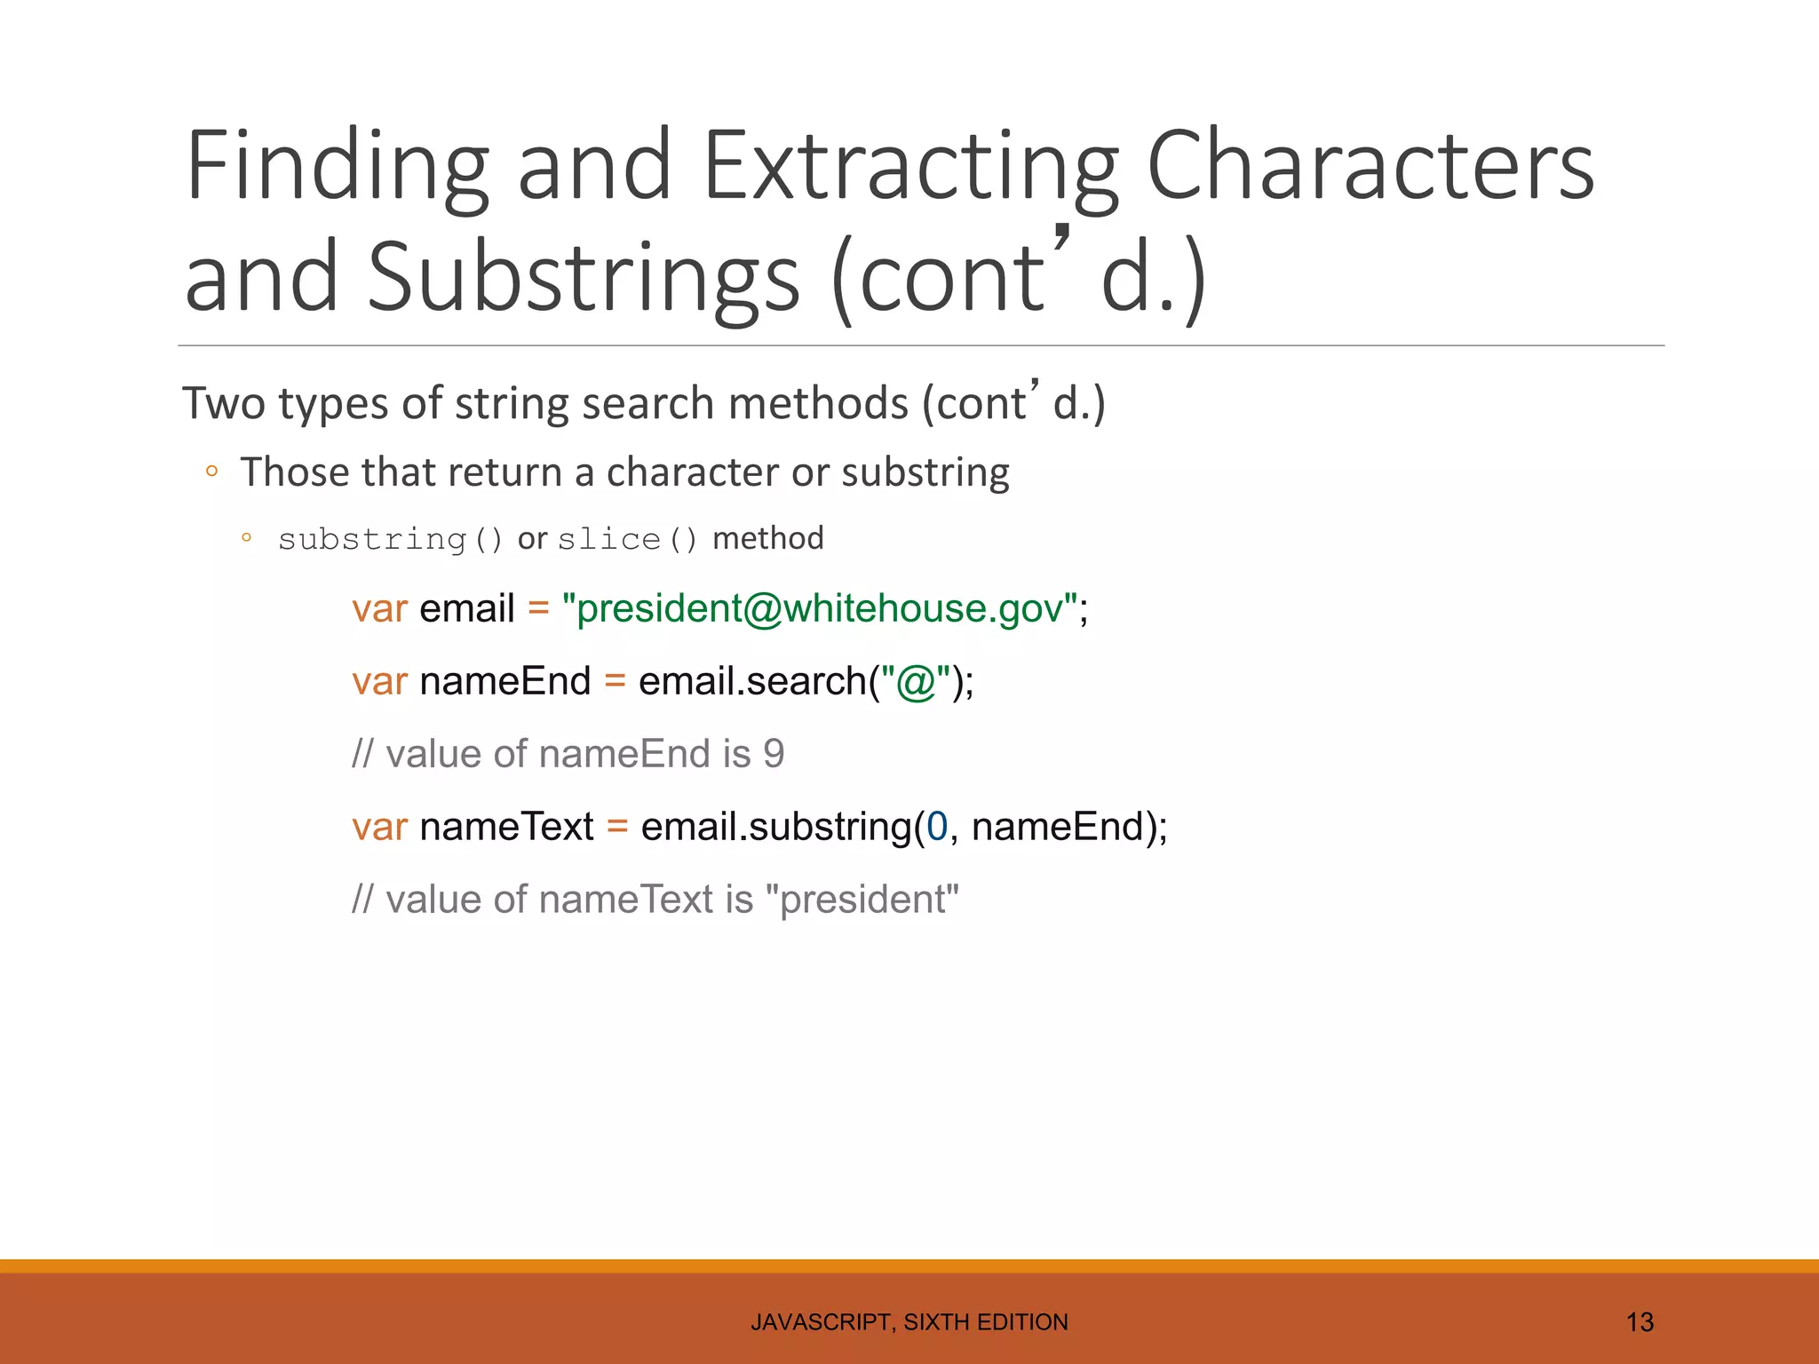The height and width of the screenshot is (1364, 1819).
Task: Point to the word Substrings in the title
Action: click(584, 277)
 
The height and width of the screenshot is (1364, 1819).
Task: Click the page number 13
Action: click(1639, 1322)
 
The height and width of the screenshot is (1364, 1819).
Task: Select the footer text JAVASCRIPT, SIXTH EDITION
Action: click(909, 1322)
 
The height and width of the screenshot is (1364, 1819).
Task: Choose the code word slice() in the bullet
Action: click(627, 539)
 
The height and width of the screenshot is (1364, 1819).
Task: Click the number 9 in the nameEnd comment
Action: click(774, 754)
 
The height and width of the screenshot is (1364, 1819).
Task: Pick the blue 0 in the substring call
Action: click(937, 827)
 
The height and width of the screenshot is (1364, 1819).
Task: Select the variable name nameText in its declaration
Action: click(506, 827)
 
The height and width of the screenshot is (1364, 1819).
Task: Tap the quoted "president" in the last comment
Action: click(868, 900)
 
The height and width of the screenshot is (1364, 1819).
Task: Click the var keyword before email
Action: click(379, 609)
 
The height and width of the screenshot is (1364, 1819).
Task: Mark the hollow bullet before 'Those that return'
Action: click(211, 472)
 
